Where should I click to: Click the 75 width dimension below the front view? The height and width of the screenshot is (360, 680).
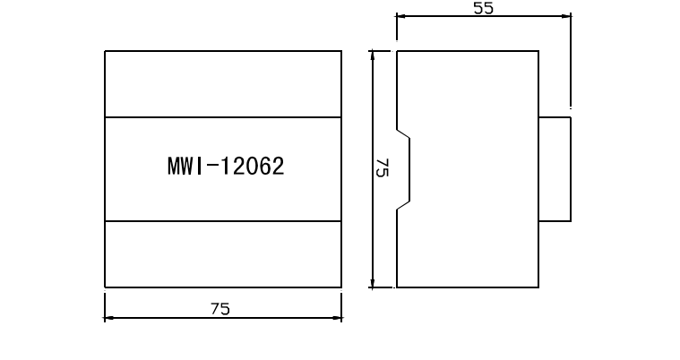coord(220,308)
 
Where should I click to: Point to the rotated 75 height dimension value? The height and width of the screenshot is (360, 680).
coord(381,169)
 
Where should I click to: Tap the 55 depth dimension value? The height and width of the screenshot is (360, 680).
coord(484,8)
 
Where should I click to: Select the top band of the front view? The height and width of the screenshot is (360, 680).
coord(223,84)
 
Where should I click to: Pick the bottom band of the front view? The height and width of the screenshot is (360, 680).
coord(223,254)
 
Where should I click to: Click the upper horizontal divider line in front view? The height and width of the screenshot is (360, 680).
coord(223,117)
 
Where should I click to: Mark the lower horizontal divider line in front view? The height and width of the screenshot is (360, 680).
coord(223,220)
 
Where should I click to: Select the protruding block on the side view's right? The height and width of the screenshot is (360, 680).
coord(555,168)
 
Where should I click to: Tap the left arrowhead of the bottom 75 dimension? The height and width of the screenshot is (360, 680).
coord(108,317)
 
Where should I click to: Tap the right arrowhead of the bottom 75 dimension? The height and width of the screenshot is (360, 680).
coord(338,317)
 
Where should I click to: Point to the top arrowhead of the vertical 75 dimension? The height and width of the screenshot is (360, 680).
coord(372,56)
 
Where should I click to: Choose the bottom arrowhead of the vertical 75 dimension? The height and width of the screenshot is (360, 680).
coord(372,283)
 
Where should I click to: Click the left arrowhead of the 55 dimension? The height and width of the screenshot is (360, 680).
coord(400,15)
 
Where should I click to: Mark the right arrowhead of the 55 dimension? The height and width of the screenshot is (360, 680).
coord(567,15)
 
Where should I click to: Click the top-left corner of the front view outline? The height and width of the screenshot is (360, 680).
coord(105,51)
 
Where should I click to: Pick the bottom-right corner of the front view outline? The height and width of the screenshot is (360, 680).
coord(341,287)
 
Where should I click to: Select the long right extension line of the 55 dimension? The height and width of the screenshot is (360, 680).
coord(572,63)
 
